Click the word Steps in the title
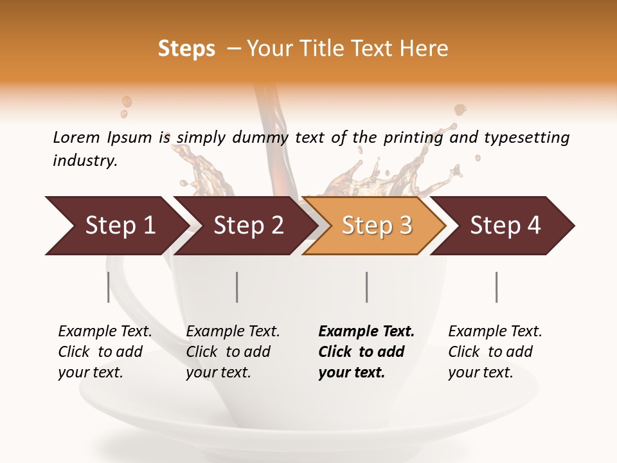tap(186, 49)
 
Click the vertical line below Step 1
tap(109, 287)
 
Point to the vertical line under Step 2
tap(237, 287)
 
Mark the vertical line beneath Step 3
tap(367, 287)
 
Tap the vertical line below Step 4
tap(496, 287)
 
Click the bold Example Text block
tap(366, 352)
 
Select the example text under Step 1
tap(105, 352)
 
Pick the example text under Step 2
tap(233, 352)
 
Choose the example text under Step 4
tap(495, 352)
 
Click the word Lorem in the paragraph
tap(76, 137)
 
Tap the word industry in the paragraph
tap(85, 160)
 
